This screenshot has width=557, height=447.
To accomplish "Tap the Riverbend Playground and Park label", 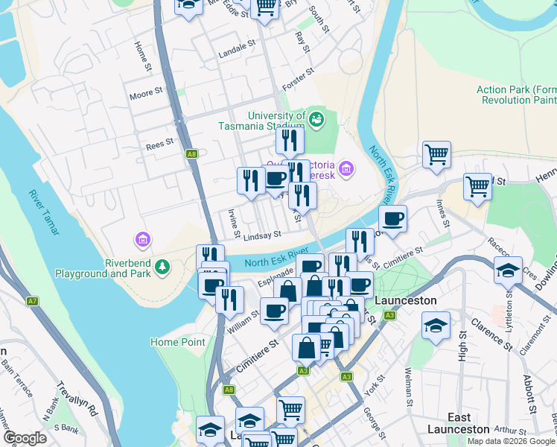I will [x=103, y=268].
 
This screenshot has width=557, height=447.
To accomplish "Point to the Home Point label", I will [x=178, y=342].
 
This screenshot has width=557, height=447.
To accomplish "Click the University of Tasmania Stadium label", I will [x=276, y=121].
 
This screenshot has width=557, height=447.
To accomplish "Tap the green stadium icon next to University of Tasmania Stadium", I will [x=316, y=118].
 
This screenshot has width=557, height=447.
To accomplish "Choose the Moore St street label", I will [x=145, y=92].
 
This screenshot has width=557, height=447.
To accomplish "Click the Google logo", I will [x=25, y=438].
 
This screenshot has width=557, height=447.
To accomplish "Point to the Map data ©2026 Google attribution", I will [x=511, y=441].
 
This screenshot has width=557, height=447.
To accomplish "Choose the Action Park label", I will [x=517, y=95].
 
